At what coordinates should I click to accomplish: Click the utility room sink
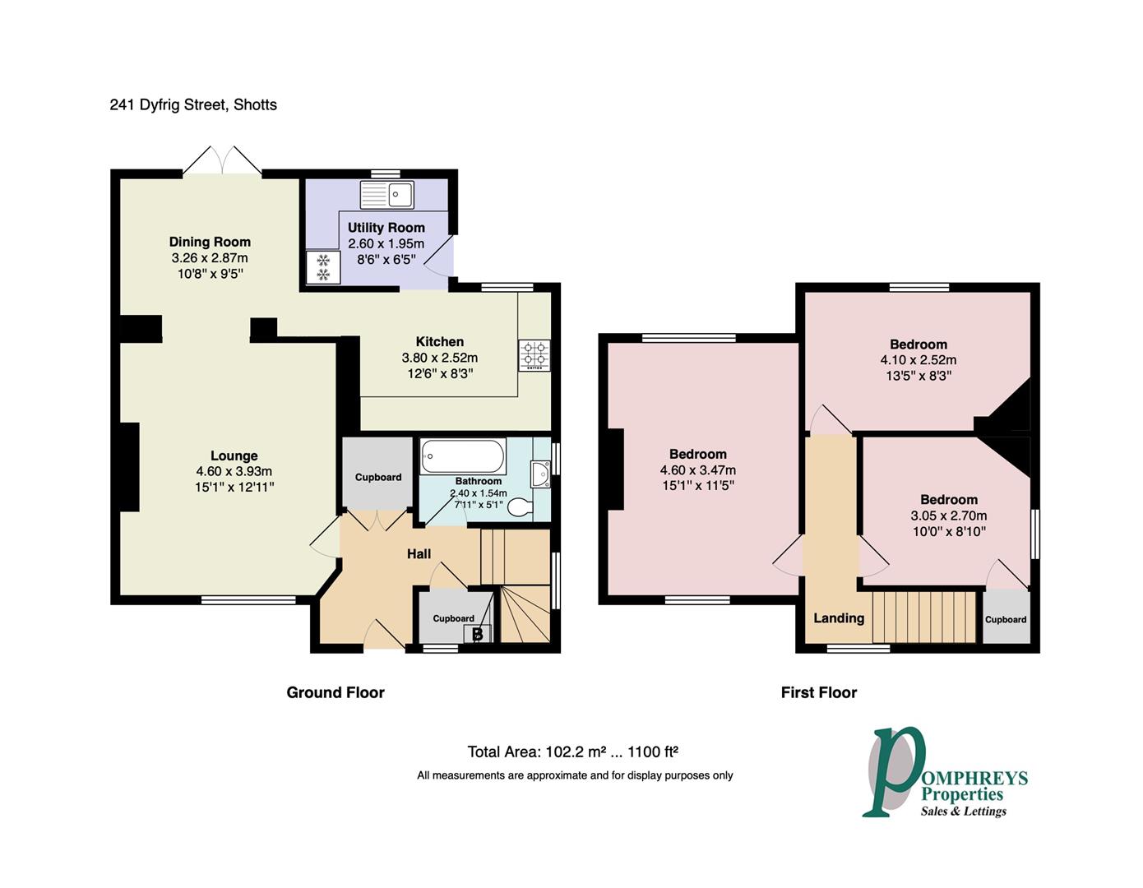click(x=386, y=194)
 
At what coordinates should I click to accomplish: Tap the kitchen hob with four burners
click(x=534, y=355)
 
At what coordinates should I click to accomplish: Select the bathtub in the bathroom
click(x=463, y=456)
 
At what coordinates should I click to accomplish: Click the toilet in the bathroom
click(x=521, y=507)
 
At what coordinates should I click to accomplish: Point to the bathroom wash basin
click(x=540, y=474)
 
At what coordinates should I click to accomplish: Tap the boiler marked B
click(x=477, y=634)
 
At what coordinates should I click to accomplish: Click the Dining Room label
click(x=210, y=242)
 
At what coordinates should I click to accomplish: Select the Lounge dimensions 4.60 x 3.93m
click(x=234, y=471)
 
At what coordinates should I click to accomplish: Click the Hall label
click(x=419, y=553)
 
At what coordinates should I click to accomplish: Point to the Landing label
click(x=839, y=618)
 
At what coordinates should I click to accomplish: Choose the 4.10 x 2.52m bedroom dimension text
click(x=919, y=360)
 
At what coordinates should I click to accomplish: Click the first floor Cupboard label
click(x=1006, y=620)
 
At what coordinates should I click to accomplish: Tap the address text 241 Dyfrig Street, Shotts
click(x=193, y=105)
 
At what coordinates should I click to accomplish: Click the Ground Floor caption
click(x=335, y=692)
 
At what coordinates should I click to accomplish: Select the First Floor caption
click(x=819, y=692)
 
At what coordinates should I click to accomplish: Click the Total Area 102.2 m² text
click(x=537, y=752)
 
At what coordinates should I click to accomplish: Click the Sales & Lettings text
click(x=963, y=812)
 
